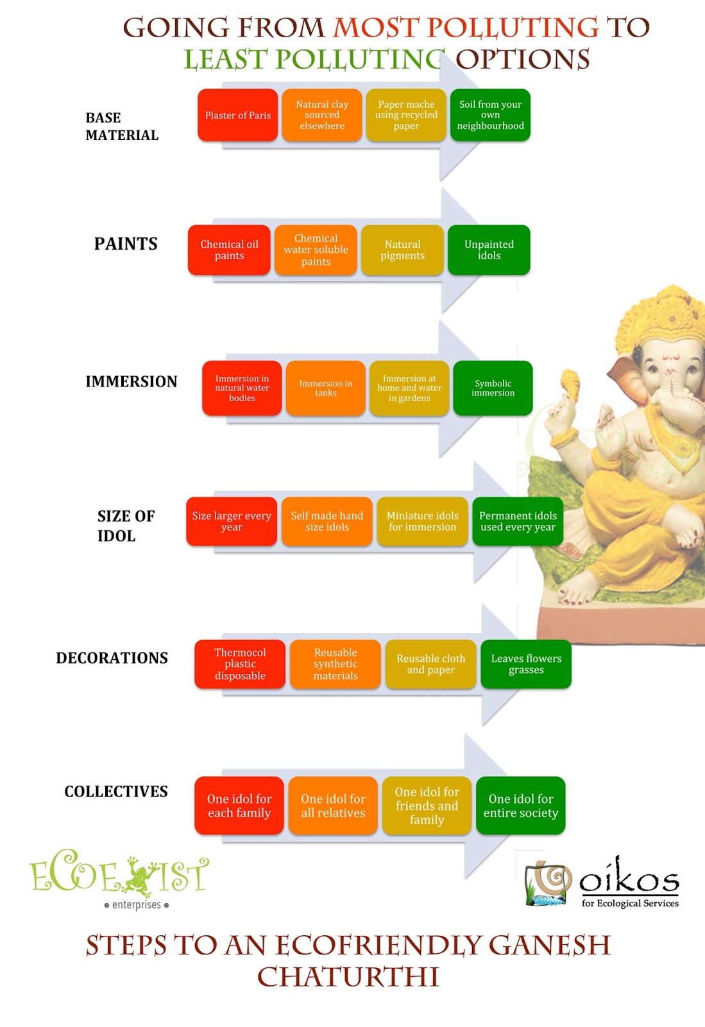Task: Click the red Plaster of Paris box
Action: point(238,116)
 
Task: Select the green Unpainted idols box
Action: point(489,250)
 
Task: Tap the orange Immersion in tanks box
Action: point(326,388)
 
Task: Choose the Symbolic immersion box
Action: point(493,388)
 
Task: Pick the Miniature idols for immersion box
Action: point(422,521)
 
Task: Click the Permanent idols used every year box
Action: point(518,521)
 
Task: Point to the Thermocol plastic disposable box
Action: point(240,664)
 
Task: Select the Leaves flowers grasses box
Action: point(526,664)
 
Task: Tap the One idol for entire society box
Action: point(520,806)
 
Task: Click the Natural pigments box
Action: point(402,250)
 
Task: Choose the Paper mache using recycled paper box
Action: point(406,116)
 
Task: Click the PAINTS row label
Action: point(126,244)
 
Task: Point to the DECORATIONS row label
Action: point(112,658)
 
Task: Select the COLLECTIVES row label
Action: point(116,791)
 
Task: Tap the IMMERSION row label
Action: point(132,381)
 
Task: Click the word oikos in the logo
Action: point(629,878)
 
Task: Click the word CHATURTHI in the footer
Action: point(348,977)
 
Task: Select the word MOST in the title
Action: point(376,28)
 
